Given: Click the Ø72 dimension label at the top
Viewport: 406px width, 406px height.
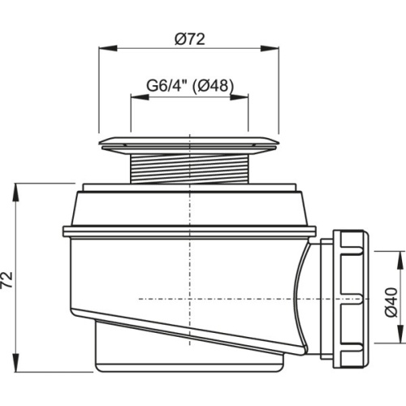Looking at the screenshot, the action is [190, 40].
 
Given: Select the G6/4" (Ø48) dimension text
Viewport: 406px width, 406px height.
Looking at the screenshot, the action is [190, 86].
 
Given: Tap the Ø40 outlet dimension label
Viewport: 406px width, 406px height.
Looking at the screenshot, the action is [391, 302].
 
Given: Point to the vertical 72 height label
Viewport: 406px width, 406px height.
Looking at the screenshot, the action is [7, 279].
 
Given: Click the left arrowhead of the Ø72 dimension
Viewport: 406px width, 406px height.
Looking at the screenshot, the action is [107, 49].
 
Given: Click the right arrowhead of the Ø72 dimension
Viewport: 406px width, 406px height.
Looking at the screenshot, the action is [270, 49].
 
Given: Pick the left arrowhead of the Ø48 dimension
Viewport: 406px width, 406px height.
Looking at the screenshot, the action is [140, 97].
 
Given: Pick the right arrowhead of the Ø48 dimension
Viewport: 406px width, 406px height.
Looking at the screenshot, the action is [240, 97].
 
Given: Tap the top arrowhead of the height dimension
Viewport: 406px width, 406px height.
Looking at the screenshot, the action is [17, 192].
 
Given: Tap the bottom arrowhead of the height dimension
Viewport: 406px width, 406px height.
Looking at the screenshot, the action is [17, 363].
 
